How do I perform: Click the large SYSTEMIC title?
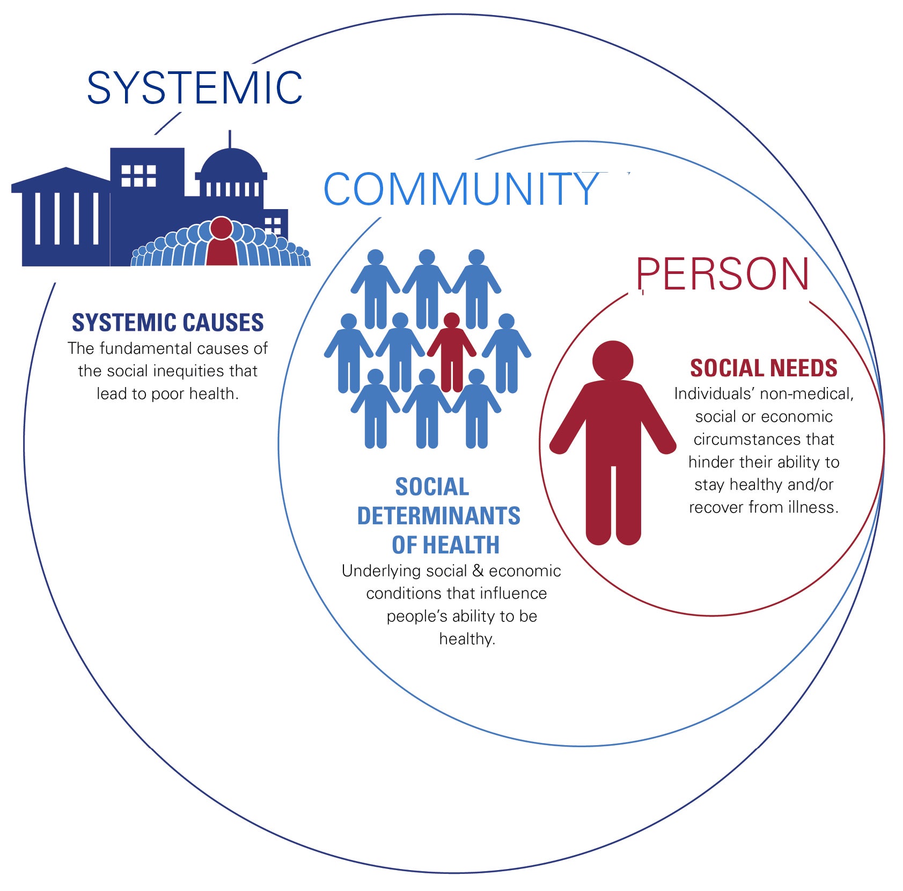coord(194,87)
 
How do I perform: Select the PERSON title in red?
coord(722,274)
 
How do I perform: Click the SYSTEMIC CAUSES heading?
coord(167,323)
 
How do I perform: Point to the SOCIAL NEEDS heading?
coord(763,368)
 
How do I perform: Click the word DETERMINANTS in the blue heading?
coord(438,516)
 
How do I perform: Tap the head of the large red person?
coord(613,361)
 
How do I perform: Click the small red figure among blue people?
coord(451,351)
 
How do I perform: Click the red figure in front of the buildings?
coord(221,242)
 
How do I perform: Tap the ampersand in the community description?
coord(478,571)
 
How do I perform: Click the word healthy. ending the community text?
coord(467,638)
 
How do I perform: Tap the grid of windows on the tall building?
coord(138,175)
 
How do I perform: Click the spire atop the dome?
coord(230,138)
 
